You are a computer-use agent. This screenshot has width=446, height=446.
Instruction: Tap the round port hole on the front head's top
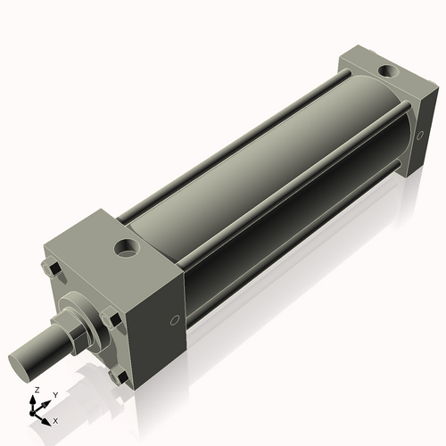(x=127, y=247)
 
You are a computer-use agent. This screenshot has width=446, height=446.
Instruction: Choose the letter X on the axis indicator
(x=56, y=419)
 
